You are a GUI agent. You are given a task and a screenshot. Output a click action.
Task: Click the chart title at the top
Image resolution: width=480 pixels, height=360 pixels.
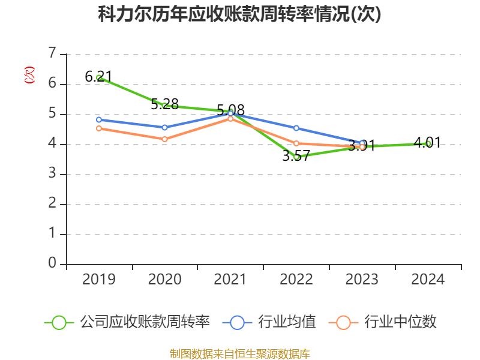239,15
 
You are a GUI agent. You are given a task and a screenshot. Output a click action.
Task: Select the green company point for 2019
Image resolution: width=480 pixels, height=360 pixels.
98,77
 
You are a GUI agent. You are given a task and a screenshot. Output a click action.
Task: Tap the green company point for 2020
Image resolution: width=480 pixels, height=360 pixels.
164,106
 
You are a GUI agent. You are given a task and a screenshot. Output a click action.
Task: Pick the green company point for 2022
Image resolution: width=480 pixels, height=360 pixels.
296,157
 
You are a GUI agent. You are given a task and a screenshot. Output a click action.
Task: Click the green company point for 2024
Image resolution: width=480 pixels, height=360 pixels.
428,143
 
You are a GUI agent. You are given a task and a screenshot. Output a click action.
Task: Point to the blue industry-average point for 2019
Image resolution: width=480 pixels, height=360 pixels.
98,119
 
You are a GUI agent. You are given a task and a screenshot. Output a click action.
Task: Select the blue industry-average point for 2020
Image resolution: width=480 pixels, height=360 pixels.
164,127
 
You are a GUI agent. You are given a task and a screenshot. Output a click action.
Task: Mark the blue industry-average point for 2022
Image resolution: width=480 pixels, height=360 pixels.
296,128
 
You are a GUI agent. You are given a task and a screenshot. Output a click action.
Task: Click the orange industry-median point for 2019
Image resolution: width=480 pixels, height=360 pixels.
98,128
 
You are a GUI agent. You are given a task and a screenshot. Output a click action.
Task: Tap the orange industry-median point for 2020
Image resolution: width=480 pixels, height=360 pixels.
164,139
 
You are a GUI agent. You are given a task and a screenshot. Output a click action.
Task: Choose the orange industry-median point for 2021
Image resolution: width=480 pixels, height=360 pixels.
230,118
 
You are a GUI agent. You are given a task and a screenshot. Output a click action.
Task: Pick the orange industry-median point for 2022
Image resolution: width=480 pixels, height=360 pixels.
296,143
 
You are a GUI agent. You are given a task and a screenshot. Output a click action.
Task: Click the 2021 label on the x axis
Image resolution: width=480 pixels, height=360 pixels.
230,280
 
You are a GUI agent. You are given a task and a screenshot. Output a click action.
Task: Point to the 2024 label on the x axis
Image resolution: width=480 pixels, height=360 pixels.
428,280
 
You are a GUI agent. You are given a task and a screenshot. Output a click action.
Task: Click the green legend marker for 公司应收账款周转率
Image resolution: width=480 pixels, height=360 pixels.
59,322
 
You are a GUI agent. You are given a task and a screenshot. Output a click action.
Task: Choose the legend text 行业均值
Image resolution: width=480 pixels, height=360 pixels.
287,322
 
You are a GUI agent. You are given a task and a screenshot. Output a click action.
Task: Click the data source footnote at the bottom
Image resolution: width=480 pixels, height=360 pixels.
239,353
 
